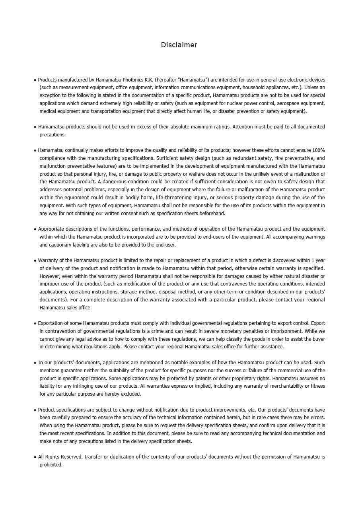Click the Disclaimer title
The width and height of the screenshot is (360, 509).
click(x=179, y=45)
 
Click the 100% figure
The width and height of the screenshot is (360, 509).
click(x=319, y=150)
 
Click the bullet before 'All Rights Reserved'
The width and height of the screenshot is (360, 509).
click(x=35, y=457)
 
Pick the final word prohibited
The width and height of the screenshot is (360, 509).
click(x=51, y=465)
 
